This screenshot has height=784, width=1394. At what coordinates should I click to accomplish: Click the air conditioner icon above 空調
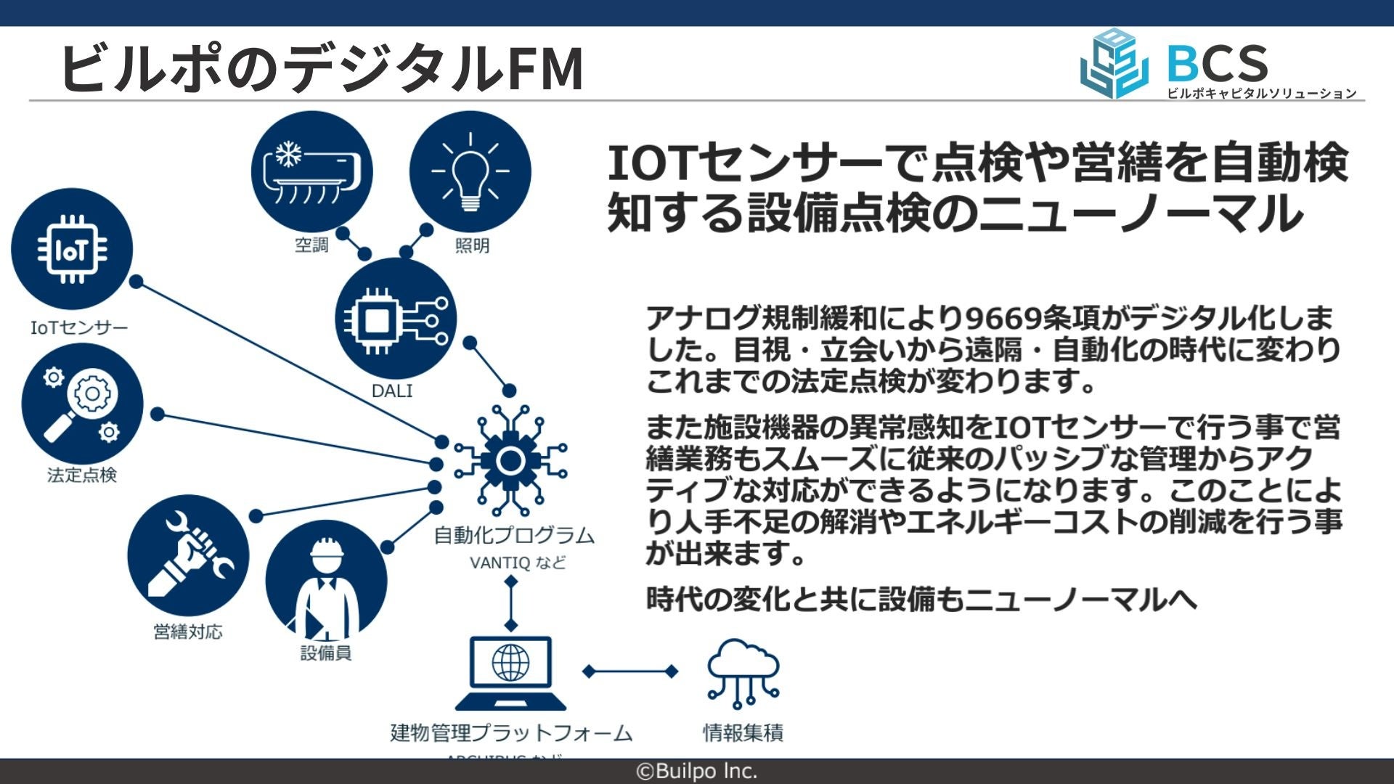[311, 172]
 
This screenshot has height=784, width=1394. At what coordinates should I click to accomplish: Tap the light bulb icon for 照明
[470, 172]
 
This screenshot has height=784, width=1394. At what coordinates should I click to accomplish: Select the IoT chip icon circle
[72, 249]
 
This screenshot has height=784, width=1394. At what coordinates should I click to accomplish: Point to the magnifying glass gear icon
[82, 404]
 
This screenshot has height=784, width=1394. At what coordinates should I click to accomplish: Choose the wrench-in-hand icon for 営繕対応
[188, 555]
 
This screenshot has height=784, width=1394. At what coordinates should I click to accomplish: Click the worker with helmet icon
[326, 581]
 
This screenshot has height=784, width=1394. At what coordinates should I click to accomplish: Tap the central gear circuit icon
[510, 460]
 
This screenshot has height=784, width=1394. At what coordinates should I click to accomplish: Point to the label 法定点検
[82, 475]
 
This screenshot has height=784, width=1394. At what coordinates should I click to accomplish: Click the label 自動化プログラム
[514, 536]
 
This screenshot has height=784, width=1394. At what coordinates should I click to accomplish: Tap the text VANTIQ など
[517, 563]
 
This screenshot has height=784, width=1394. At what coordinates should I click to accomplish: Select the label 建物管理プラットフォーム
[511, 733]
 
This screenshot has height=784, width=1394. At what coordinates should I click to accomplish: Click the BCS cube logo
[1114, 64]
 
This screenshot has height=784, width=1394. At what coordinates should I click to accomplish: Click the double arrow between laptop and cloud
[630, 671]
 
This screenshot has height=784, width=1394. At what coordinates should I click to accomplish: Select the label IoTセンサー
[79, 328]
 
